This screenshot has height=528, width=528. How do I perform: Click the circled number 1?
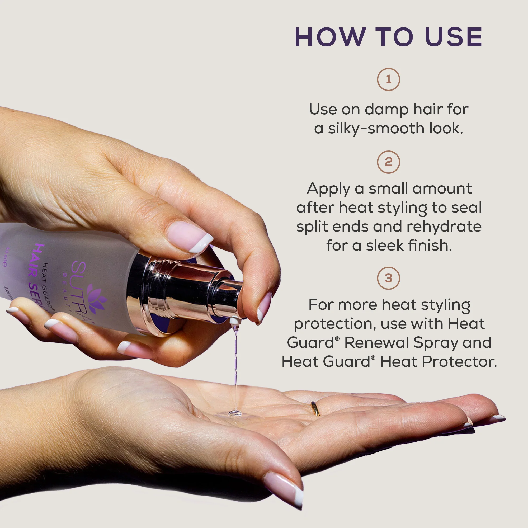[x=388, y=79]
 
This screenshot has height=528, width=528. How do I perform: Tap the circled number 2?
[x=388, y=162]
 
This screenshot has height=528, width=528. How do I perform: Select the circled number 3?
[x=388, y=278]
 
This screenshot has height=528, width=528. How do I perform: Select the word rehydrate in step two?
[x=444, y=227]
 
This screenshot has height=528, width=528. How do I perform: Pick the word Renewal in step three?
[x=376, y=342]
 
